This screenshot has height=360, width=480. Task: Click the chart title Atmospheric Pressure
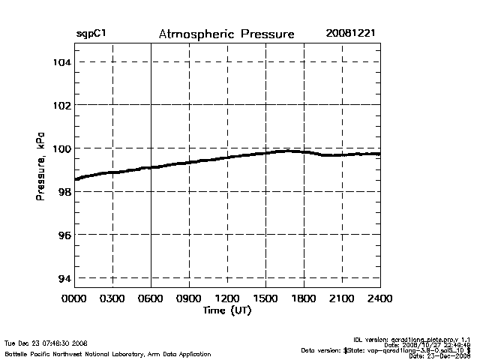226,34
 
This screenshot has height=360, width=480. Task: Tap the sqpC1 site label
91,34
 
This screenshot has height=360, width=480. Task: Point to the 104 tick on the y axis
60,61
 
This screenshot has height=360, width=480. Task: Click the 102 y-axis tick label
60,105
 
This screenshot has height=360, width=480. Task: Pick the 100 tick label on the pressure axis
60,148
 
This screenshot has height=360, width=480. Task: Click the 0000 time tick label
75,299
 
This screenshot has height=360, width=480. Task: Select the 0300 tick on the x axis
113,299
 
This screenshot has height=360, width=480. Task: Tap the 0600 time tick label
151,299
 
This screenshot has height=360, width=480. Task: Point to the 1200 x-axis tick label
227,299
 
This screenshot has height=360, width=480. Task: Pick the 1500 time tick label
265,299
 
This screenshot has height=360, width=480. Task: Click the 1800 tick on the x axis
304,299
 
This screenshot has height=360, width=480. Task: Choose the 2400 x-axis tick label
379,299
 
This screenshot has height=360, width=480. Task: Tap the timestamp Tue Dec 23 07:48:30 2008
46,343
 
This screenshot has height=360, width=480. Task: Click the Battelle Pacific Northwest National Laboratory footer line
108,353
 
